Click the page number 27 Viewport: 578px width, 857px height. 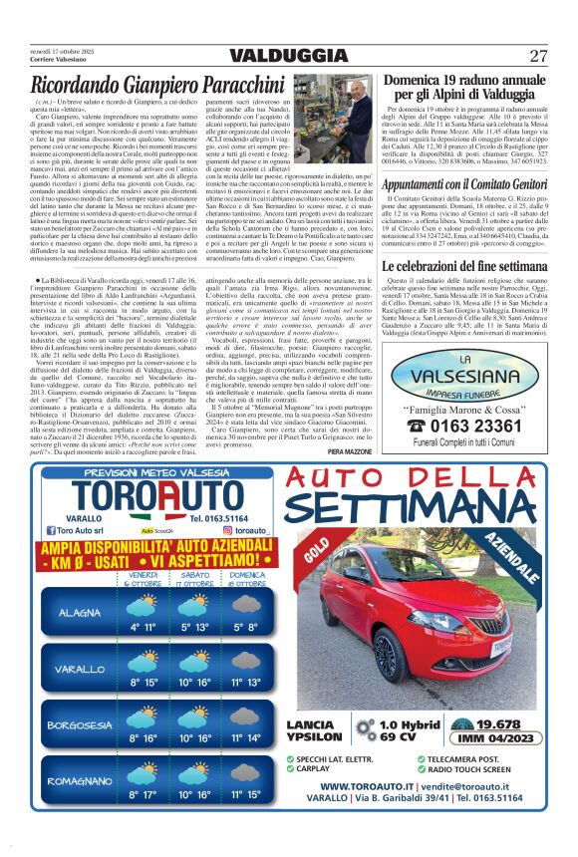[x=538, y=55]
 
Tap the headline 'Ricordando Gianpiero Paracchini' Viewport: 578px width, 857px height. [x=172, y=86]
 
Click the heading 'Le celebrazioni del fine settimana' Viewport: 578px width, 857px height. [x=463, y=267]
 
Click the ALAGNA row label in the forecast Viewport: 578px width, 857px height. [x=80, y=612]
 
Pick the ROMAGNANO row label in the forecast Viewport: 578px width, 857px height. [x=80, y=780]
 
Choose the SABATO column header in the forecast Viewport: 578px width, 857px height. [x=195, y=575]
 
